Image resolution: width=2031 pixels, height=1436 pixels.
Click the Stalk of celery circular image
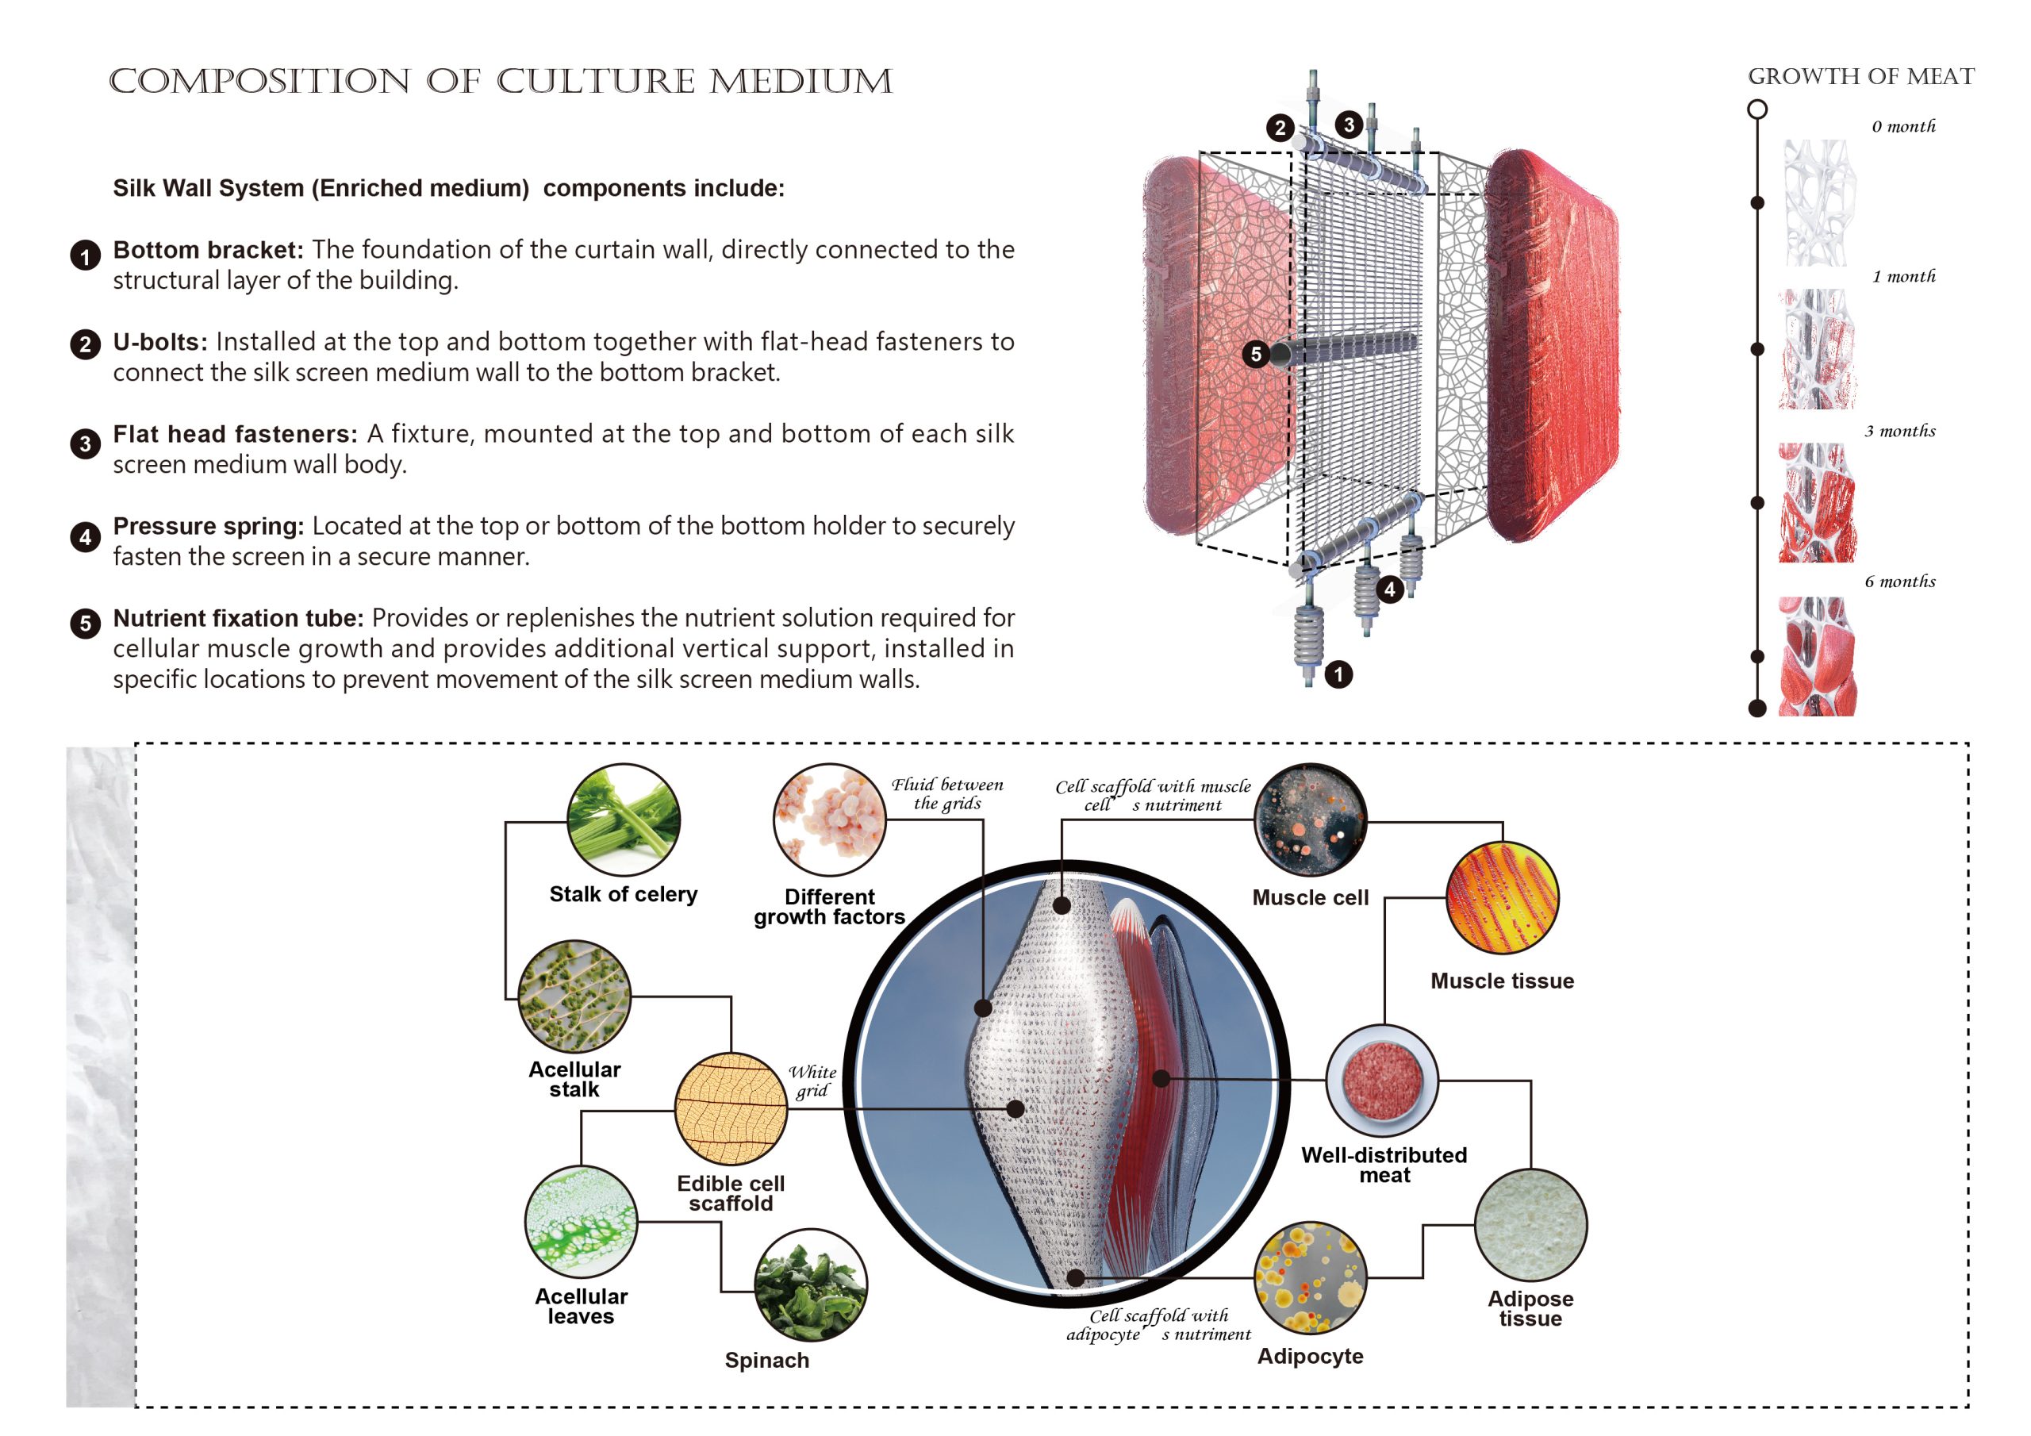[624, 820]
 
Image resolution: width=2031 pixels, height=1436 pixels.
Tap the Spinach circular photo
[810, 1284]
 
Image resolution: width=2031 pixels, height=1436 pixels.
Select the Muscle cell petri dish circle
[1311, 821]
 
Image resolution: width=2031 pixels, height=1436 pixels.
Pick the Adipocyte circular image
[1311, 1278]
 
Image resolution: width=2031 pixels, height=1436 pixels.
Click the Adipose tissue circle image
[1531, 1226]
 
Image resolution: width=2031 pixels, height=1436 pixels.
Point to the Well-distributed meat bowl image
[1383, 1081]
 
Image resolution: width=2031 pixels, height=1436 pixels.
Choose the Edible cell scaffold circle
[731, 1108]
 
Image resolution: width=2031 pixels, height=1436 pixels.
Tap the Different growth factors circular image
[830, 820]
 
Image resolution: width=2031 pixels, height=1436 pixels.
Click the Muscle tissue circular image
[1503, 898]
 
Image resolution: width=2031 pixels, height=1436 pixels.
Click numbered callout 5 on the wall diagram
[1255, 355]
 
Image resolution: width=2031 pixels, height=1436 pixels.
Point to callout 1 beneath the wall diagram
[1339, 674]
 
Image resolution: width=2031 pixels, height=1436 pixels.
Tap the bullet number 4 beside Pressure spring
[85, 537]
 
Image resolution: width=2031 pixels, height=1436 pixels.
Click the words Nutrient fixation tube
[238, 617]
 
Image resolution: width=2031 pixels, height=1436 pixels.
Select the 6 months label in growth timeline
[1900, 582]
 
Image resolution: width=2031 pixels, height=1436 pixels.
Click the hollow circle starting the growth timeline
[1757, 109]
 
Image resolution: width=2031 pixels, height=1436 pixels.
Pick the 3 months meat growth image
[1817, 502]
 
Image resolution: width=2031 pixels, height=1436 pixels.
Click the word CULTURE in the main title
[595, 82]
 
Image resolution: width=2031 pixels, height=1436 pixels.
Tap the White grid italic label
[813, 1081]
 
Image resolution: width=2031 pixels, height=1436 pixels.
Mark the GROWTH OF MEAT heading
[1861, 77]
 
